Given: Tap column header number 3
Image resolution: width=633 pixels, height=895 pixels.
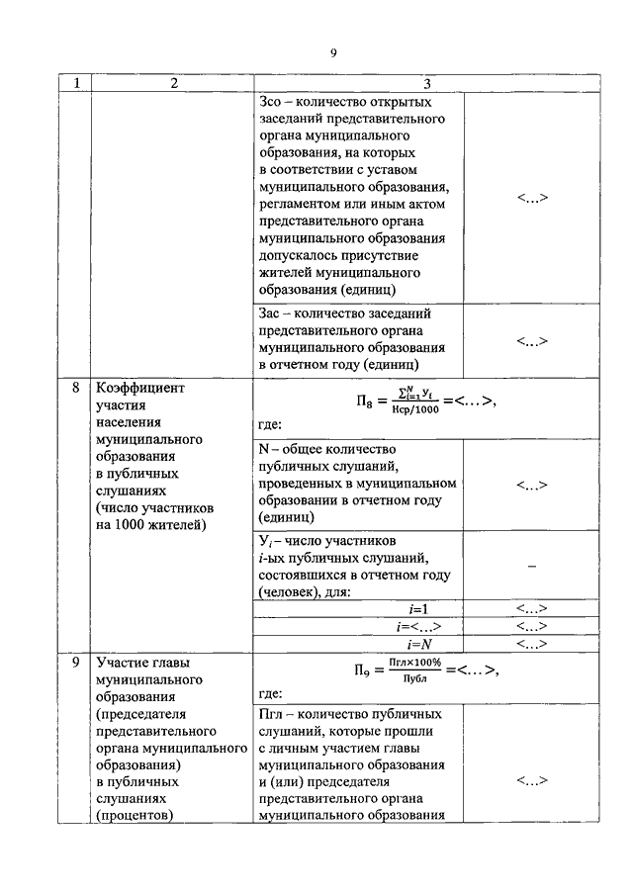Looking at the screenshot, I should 426,84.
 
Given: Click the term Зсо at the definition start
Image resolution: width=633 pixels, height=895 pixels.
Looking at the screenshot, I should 270,102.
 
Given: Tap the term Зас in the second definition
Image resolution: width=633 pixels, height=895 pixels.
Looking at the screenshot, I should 270,313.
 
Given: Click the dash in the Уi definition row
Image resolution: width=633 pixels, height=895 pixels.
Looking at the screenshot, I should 532,565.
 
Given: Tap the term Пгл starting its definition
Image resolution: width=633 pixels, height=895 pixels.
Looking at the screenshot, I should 272,713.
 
